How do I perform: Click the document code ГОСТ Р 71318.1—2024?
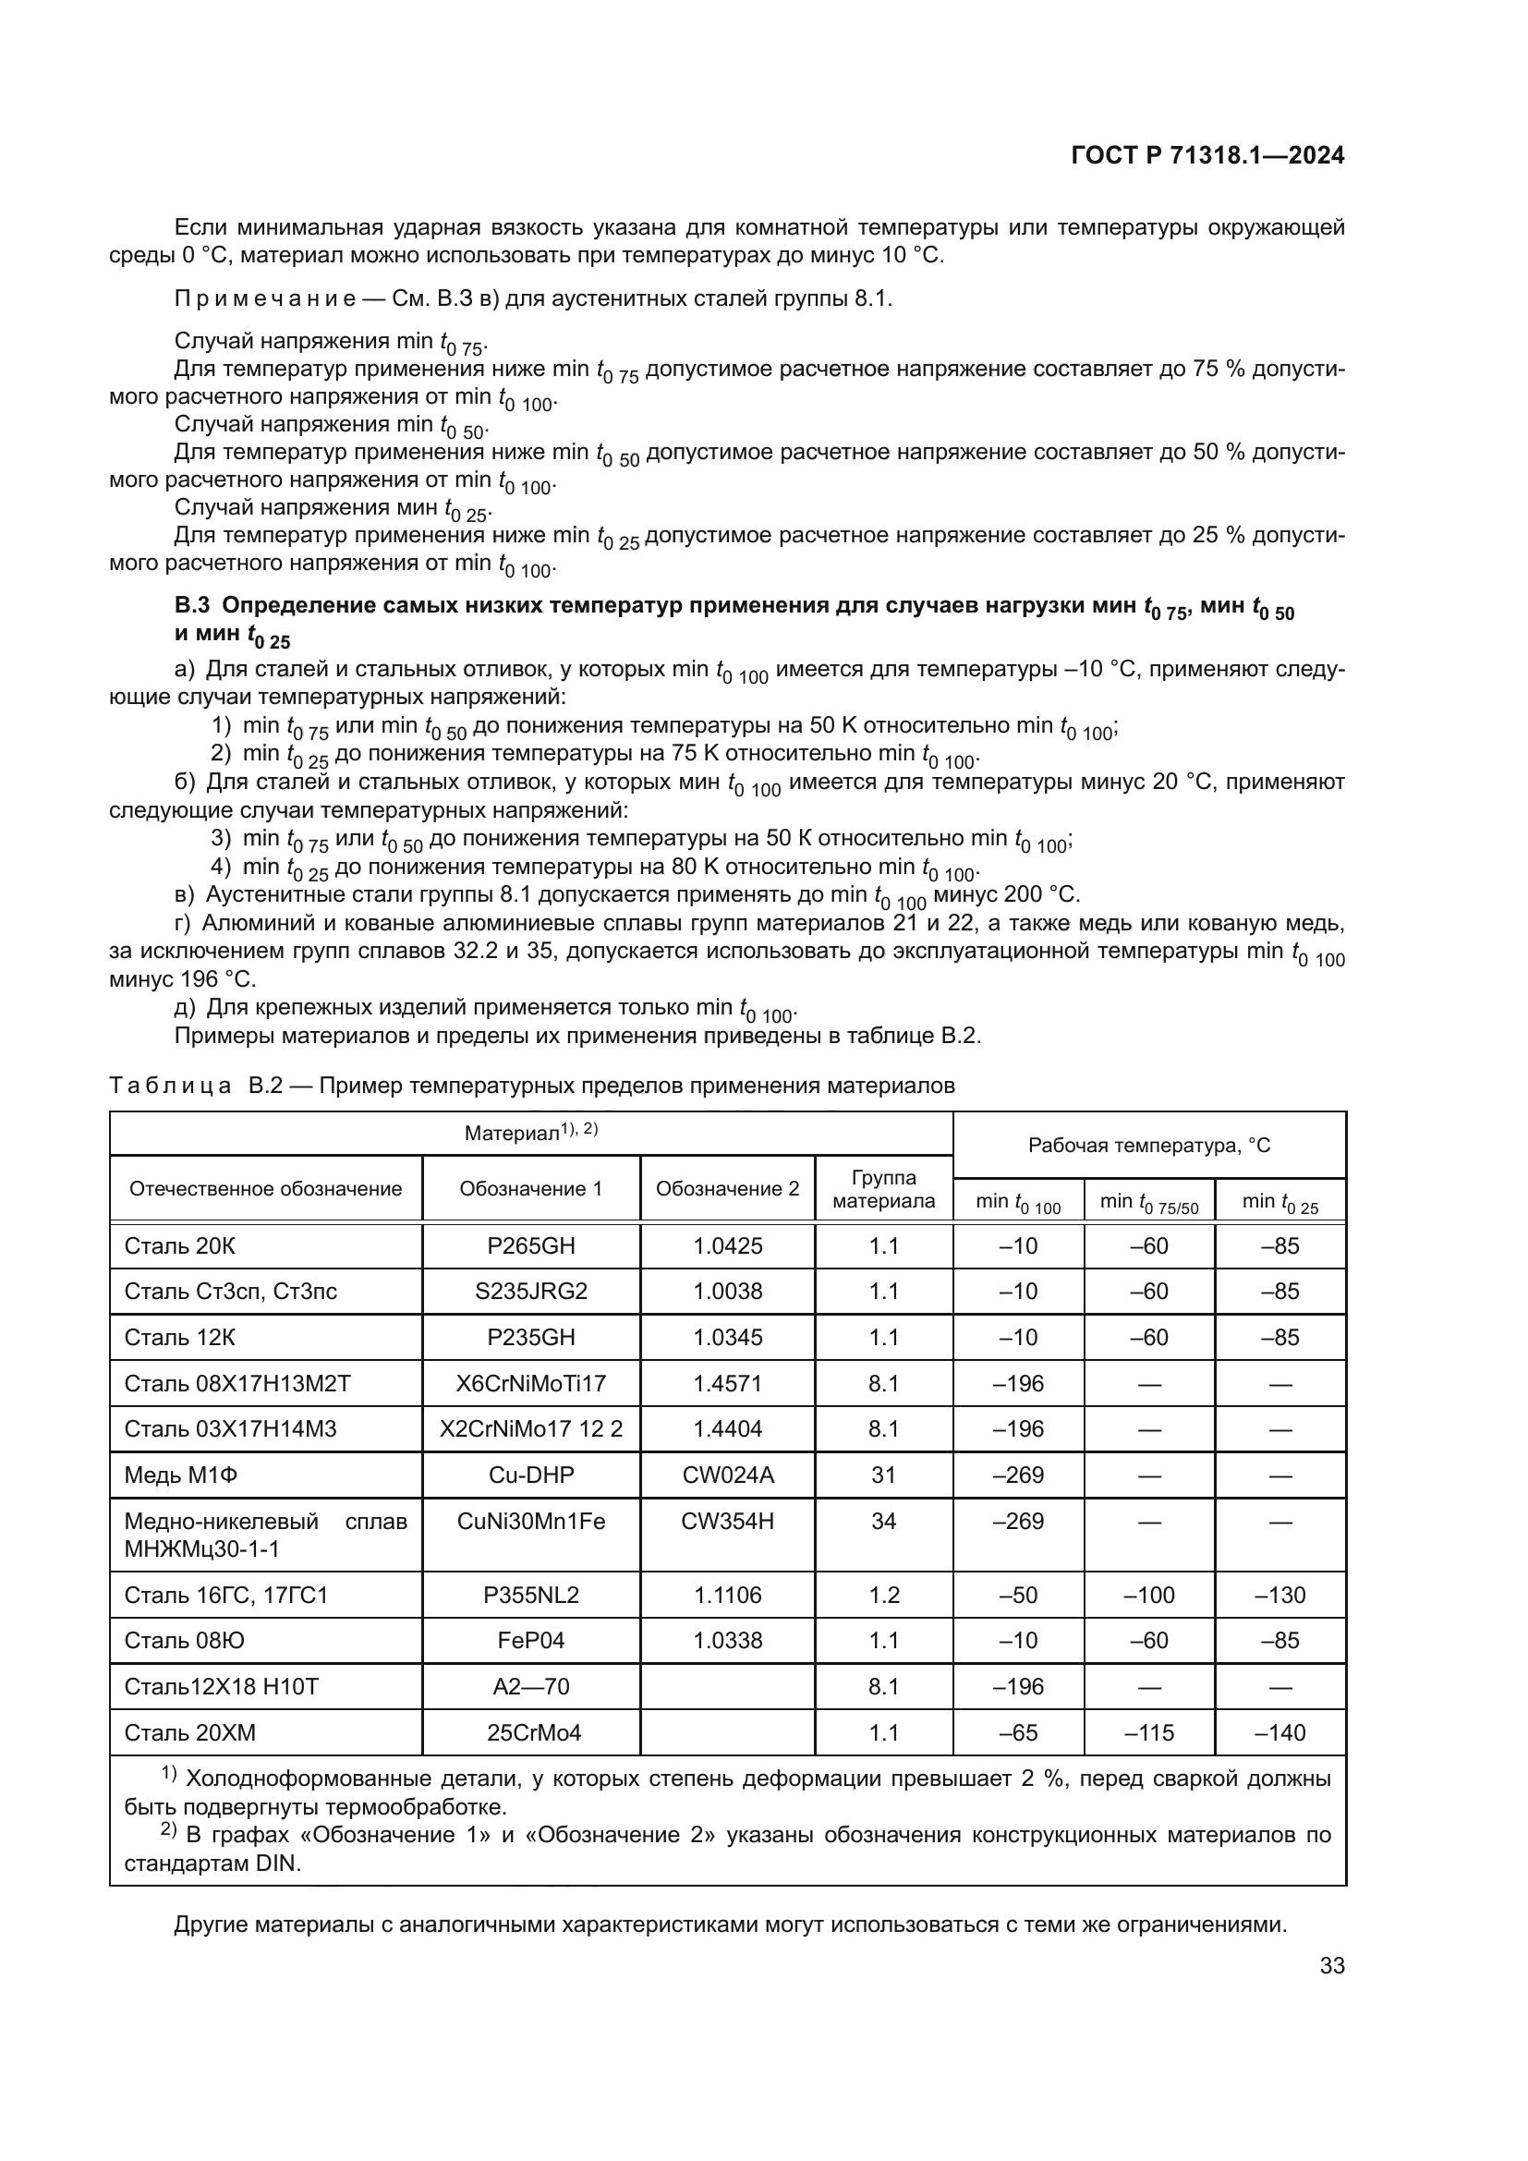1208,156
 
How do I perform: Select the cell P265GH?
530,1246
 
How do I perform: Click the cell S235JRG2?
530,1292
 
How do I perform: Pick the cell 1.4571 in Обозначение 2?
727,1384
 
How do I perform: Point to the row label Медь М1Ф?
181,1475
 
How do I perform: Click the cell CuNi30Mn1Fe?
530,1521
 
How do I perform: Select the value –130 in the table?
1279,1596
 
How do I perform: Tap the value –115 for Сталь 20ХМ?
1149,1732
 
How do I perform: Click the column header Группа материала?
883,1190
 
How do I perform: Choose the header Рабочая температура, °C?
1149,1146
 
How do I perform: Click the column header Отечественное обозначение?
265,1190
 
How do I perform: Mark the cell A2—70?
530,1687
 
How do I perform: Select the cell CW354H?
727,1521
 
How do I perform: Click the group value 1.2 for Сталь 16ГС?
883,1596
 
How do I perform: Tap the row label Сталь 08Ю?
185,1641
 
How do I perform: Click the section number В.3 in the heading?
191,606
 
